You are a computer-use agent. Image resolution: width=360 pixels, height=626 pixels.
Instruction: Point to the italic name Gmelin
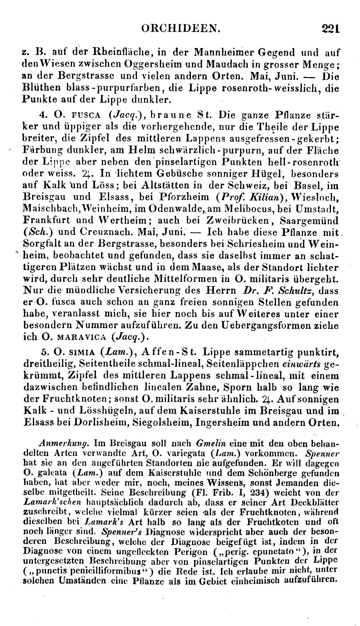(207, 442)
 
